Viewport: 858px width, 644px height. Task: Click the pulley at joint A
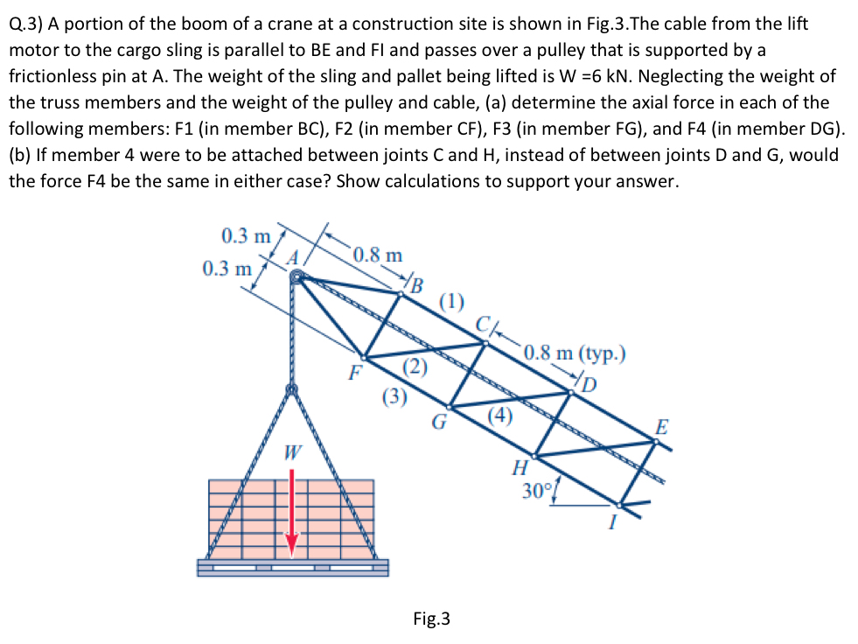[297, 277]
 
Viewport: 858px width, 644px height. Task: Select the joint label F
[354, 373]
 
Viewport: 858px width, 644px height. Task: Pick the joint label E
[662, 428]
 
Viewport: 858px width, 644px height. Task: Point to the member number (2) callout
[414, 367]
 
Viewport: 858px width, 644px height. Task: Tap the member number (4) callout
[499, 416]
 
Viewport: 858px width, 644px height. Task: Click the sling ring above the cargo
[292, 389]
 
